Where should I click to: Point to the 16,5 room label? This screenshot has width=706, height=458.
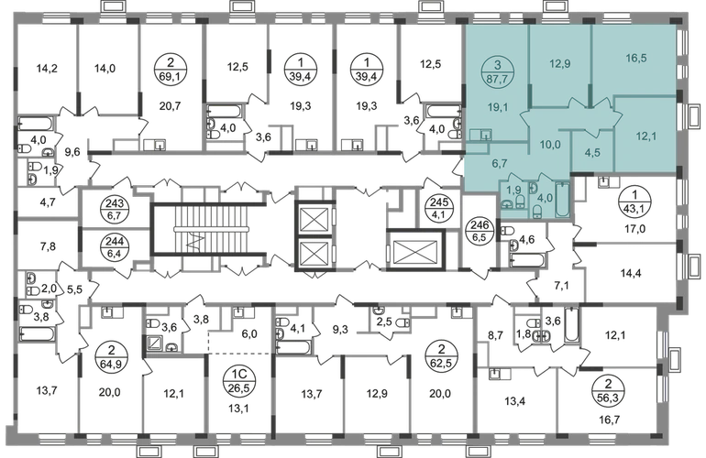[x=635, y=57]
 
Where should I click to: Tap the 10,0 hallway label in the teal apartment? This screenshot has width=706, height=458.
[x=550, y=145]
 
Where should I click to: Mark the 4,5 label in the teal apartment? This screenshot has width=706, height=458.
[x=592, y=153]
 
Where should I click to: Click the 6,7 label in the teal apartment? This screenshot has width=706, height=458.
[x=499, y=162]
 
